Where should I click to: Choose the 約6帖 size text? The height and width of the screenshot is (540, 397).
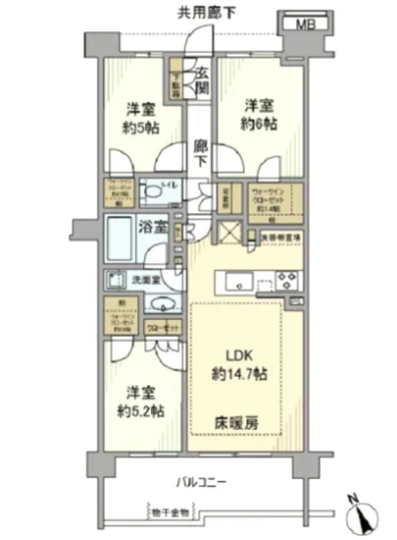coord(259,124)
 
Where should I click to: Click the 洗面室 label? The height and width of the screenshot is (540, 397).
coord(149,277)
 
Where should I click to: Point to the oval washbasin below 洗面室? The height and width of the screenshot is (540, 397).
coord(163,303)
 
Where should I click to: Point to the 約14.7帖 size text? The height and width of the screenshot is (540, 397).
coord(236,374)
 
